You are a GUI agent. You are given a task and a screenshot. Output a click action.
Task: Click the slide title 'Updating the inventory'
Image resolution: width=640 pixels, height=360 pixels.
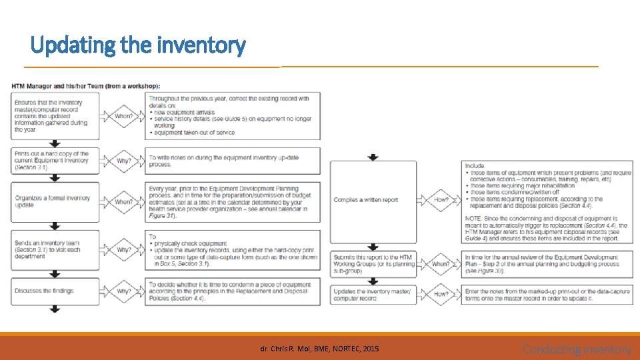(x=138, y=45)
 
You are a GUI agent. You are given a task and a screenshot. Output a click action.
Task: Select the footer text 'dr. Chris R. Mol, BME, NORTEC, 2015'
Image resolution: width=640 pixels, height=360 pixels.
(x=320, y=348)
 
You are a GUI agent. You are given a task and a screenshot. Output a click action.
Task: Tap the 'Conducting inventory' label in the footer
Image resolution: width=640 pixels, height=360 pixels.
(x=577, y=349)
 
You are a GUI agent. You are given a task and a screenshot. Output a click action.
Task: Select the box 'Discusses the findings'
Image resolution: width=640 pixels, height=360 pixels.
(x=55, y=291)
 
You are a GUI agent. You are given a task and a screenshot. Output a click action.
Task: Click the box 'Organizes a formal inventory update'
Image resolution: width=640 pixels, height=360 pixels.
(x=55, y=201)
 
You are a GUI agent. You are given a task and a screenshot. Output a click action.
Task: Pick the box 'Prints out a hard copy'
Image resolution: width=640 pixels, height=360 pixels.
(x=55, y=161)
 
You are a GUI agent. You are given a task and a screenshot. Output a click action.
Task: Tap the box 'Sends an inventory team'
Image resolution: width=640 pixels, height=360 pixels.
(x=55, y=250)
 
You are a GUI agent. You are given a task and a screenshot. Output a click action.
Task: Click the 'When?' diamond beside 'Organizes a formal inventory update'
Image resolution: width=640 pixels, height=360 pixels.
(x=123, y=201)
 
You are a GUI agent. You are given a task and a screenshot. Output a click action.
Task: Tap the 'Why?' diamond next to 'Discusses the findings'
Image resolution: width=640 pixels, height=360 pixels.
(x=123, y=291)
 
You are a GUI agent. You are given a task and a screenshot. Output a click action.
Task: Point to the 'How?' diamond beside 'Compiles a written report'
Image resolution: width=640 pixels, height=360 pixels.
(x=441, y=199)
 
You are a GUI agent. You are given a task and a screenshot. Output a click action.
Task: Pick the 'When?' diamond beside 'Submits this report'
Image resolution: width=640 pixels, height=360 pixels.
(x=441, y=263)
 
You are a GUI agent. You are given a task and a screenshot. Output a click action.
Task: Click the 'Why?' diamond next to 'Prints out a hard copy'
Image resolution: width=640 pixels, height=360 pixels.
(x=123, y=161)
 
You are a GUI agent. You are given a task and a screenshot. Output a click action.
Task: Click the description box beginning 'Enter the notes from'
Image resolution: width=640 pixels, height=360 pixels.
(x=547, y=294)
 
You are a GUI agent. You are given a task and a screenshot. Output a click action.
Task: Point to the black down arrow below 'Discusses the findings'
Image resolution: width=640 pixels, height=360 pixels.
(x=55, y=309)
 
